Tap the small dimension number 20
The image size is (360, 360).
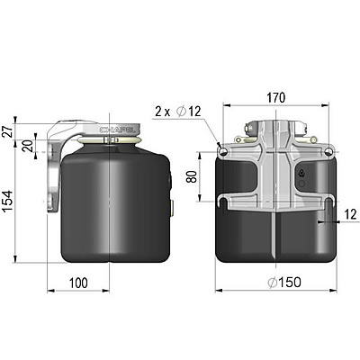pos(28,147)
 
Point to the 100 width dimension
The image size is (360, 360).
pos(78,284)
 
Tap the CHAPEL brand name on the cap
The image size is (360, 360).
pos(121,130)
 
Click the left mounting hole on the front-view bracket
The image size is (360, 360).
pos(222,151)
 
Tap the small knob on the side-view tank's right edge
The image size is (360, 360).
pos(172,208)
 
